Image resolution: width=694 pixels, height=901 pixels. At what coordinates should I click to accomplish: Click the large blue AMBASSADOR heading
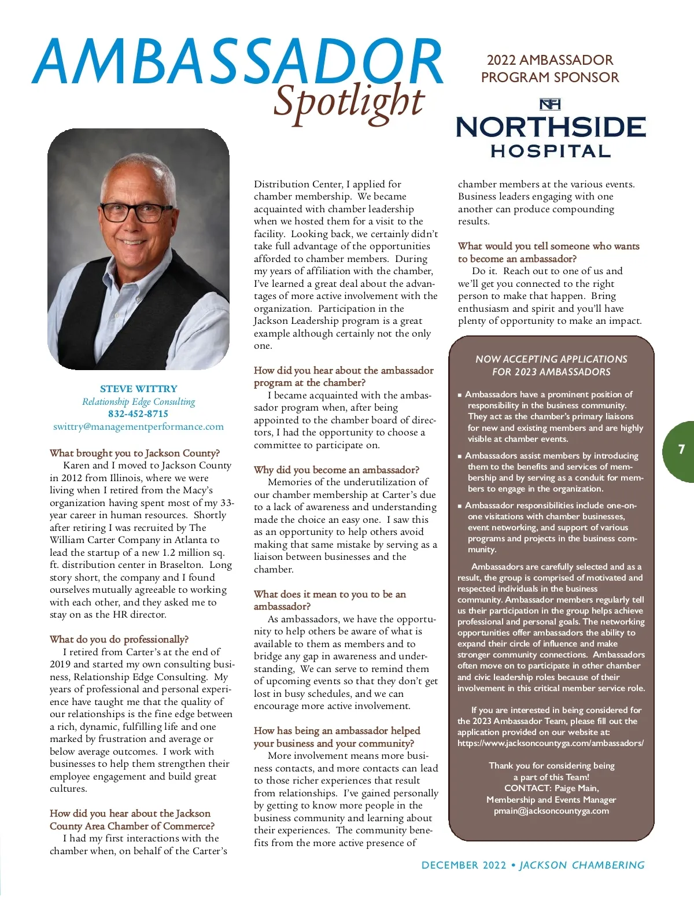(237, 61)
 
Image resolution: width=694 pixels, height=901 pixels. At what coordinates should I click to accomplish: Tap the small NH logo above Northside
(549, 104)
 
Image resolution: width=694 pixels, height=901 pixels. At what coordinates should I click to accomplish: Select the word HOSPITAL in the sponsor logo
(551, 152)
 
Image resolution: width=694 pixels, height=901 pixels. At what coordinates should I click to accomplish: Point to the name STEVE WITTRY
(139, 389)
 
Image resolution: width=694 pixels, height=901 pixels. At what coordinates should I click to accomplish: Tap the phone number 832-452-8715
(138, 414)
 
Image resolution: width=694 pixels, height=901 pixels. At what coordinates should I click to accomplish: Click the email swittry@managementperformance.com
(138, 427)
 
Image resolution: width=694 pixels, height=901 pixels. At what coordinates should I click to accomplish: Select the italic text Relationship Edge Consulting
(138, 401)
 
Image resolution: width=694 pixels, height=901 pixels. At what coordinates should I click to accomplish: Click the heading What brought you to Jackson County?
(135, 453)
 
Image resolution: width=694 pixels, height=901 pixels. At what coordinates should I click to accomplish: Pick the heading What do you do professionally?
(119, 639)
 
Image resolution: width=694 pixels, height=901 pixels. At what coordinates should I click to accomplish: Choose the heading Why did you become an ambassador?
(337, 470)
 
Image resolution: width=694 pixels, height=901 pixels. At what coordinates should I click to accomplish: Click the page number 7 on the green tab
(681, 449)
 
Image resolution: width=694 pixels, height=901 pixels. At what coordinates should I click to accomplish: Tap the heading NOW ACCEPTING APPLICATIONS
(551, 359)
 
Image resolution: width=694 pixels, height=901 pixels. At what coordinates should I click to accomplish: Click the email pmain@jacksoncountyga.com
(551, 811)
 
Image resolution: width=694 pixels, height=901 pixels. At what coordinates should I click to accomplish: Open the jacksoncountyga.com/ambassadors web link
(551, 743)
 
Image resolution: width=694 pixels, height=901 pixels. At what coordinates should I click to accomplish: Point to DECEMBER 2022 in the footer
(464, 865)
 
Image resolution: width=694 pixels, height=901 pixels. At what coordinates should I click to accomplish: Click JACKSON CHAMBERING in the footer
(582, 865)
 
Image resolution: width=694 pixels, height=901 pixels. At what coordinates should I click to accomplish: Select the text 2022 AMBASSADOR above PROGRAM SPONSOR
(549, 60)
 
